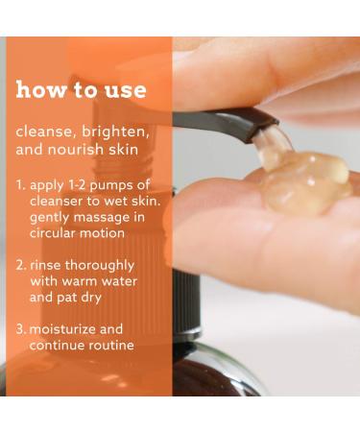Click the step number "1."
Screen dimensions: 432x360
point(21,185)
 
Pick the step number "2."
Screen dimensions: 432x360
point(21,264)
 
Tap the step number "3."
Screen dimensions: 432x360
point(21,328)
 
